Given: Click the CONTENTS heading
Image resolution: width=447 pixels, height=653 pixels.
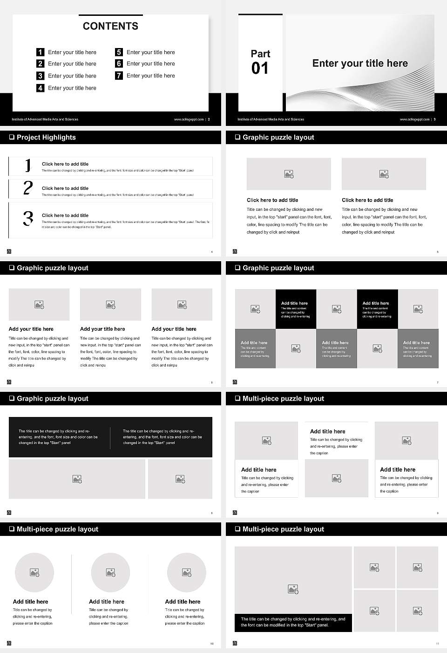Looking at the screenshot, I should tap(110, 26).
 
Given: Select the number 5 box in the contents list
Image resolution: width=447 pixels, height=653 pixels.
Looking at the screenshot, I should tap(119, 52).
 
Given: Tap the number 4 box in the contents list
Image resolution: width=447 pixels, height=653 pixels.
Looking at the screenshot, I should tap(41, 88).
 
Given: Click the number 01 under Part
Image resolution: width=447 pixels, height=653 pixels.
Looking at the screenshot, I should tap(260, 69).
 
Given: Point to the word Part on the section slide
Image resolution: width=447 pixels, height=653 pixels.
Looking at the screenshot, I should tap(260, 54).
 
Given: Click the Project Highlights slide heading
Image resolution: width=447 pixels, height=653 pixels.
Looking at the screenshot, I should tap(46, 137).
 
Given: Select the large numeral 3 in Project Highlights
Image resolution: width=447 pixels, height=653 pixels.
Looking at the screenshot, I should tap(28, 218).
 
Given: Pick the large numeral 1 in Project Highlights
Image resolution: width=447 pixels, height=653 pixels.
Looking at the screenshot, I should tap(28, 166).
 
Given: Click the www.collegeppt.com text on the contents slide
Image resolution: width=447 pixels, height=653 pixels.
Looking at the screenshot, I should tap(189, 119).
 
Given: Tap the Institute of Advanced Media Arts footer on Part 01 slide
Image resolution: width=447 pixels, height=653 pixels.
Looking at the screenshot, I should tap(271, 119).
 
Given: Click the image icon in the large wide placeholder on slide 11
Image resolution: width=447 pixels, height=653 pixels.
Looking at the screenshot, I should tap(293, 590).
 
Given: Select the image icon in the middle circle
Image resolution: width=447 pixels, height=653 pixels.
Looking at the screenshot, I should tap(110, 572).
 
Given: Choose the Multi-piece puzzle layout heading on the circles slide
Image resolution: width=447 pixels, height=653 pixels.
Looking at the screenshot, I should tap(57, 529).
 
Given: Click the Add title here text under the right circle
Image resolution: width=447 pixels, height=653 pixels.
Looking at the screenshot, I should tap(183, 602).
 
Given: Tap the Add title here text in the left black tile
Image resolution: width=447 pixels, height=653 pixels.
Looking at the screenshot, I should tap(294, 303).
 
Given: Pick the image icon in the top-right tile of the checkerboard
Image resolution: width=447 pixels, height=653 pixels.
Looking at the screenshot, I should tap(418, 309).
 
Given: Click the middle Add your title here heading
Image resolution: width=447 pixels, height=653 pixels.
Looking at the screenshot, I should tap(102, 329).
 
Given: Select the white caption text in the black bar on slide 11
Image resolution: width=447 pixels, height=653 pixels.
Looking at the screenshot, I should tap(293, 622).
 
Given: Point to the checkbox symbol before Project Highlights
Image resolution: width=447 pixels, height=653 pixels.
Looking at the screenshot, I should tap(12, 137).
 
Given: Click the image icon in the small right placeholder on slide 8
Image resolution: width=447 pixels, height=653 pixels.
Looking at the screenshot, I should tap(180, 479).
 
